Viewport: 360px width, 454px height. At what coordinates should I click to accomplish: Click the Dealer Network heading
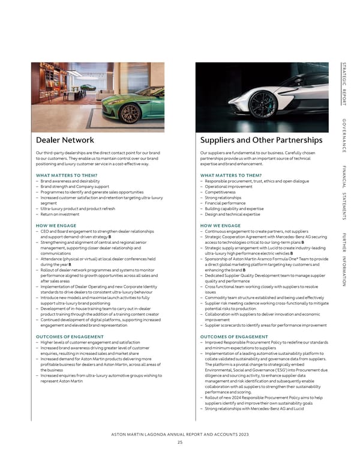coord(65,140)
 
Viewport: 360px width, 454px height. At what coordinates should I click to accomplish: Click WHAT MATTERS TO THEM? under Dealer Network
coord(66,175)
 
